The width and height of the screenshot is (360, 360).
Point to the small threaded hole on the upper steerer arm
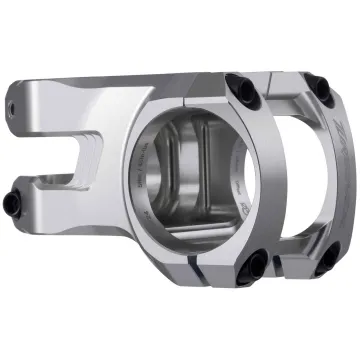14,103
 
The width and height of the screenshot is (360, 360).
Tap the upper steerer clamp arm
50,100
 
